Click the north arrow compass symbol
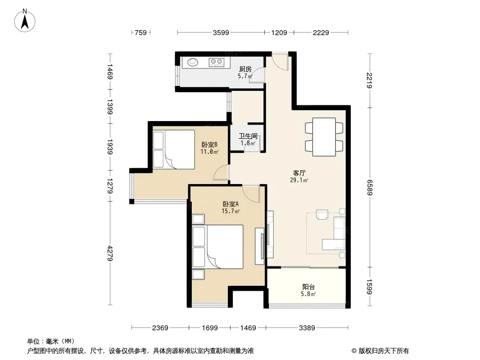25,21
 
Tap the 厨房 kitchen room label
245,69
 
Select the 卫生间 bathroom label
248,136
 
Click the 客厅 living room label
299,173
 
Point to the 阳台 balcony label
308,287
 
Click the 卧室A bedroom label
231,204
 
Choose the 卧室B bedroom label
209,144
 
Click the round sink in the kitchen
193,63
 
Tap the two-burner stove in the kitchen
217,63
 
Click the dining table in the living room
324,137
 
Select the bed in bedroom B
174,149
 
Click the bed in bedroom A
217,247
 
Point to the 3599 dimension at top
221,32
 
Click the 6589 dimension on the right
370,188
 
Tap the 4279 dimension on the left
110,253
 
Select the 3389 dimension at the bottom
307,328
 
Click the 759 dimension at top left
141,32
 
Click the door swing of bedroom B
221,173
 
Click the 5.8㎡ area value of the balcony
308,294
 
